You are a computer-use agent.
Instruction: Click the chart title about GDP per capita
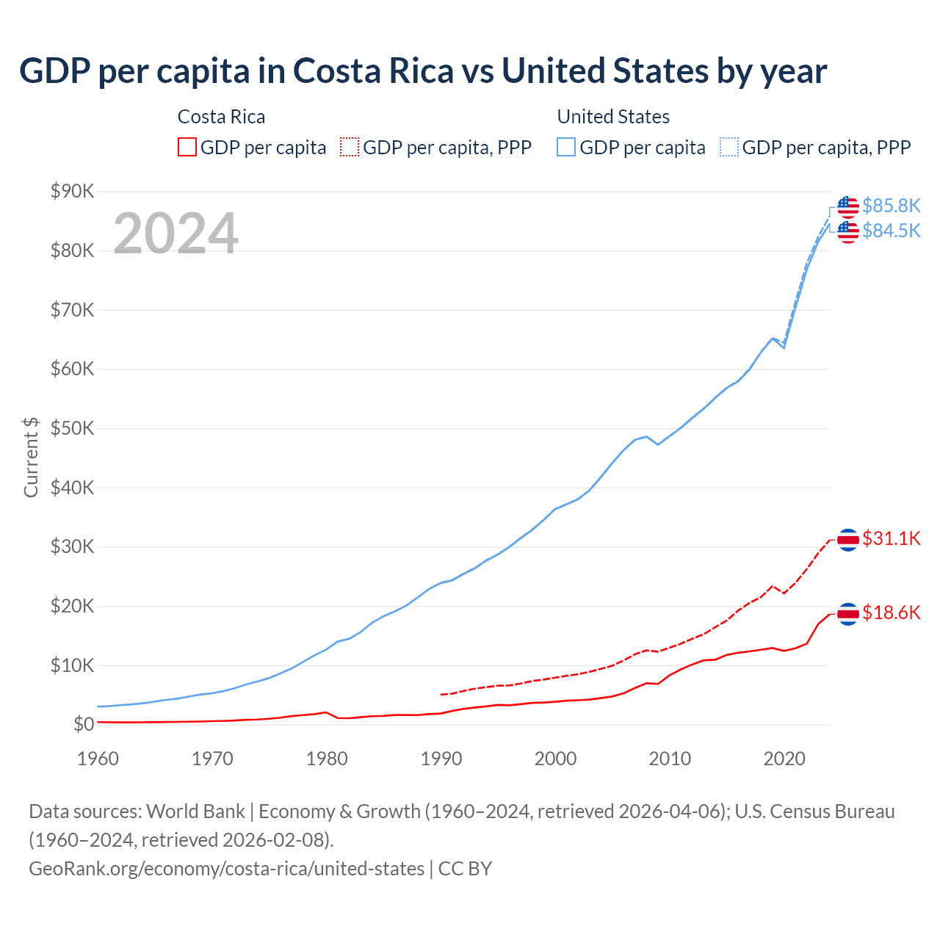pyautogui.click(x=423, y=71)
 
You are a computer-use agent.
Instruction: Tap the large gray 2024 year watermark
pyautogui.click(x=176, y=234)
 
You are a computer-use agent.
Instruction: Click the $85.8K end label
pyautogui.click(x=891, y=206)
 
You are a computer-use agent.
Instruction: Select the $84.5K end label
pyautogui.click(x=891, y=231)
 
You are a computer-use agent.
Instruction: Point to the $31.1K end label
pyautogui.click(x=891, y=538)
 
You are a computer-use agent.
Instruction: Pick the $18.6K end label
pyautogui.click(x=891, y=612)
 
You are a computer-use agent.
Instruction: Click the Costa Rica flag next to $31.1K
pyautogui.click(x=848, y=540)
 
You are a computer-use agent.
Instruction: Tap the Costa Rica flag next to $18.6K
pyautogui.click(x=848, y=614)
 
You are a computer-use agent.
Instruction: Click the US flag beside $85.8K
pyautogui.click(x=848, y=207)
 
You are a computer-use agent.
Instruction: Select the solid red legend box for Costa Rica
pyautogui.click(x=187, y=148)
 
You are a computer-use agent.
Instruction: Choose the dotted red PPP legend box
pyautogui.click(x=350, y=148)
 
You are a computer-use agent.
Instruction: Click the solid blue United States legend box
pyautogui.click(x=566, y=148)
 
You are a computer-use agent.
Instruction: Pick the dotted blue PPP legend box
pyautogui.click(x=729, y=148)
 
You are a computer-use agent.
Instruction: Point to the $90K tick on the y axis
pyautogui.click(x=72, y=192)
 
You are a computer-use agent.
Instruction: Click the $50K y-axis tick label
pyautogui.click(x=72, y=428)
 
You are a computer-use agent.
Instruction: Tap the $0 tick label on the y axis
pyautogui.click(x=84, y=725)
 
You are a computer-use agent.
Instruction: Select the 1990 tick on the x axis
pyautogui.click(x=441, y=759)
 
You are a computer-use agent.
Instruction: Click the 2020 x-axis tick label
pyautogui.click(x=784, y=759)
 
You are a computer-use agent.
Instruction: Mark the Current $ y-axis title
pyautogui.click(x=31, y=458)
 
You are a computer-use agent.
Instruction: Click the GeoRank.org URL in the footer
pyautogui.click(x=226, y=869)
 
